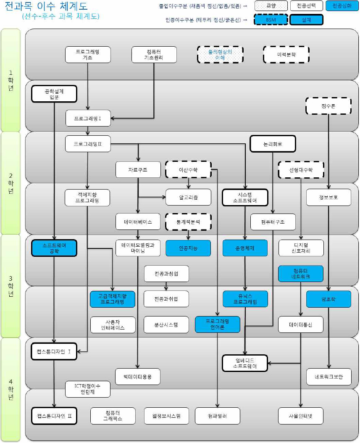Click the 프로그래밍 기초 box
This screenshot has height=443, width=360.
click(87, 55)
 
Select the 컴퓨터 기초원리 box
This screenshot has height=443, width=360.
click(154, 55)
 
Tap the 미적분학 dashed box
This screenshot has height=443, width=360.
click(286, 55)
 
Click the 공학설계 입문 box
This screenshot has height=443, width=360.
click(54, 93)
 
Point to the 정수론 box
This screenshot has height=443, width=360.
click(328, 106)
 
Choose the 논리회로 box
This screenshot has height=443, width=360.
click(273, 143)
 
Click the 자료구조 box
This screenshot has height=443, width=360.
click(138, 169)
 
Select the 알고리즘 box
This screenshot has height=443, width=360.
click(188, 197)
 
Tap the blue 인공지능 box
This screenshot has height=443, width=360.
click(188, 248)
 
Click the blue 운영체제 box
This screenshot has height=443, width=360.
click(245, 248)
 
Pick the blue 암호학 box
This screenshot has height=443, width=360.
click(328, 299)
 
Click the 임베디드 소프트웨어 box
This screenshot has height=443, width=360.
click(245, 363)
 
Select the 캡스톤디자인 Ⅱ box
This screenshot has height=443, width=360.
click(54, 416)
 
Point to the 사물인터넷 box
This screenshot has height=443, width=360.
click(301, 416)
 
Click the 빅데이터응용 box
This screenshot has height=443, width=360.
click(138, 376)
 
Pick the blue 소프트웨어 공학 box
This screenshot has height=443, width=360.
click(54, 248)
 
